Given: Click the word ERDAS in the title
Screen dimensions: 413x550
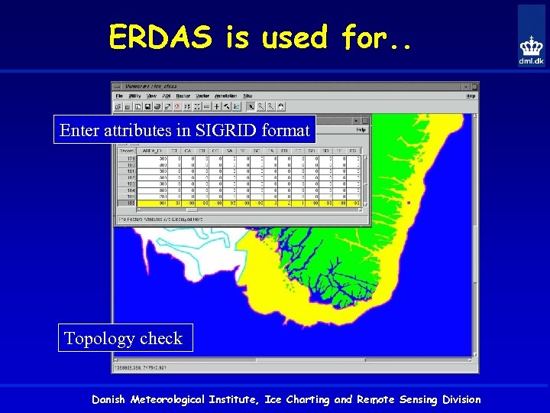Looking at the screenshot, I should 160,37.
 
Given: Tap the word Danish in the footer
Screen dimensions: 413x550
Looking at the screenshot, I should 112,399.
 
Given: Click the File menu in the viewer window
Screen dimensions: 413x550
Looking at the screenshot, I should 119,96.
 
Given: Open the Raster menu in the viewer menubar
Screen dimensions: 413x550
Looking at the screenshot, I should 184,96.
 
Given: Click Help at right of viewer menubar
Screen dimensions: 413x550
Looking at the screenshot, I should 471,96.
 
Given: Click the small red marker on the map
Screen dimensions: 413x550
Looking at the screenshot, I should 409,203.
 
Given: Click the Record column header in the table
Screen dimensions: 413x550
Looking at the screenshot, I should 125,151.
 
